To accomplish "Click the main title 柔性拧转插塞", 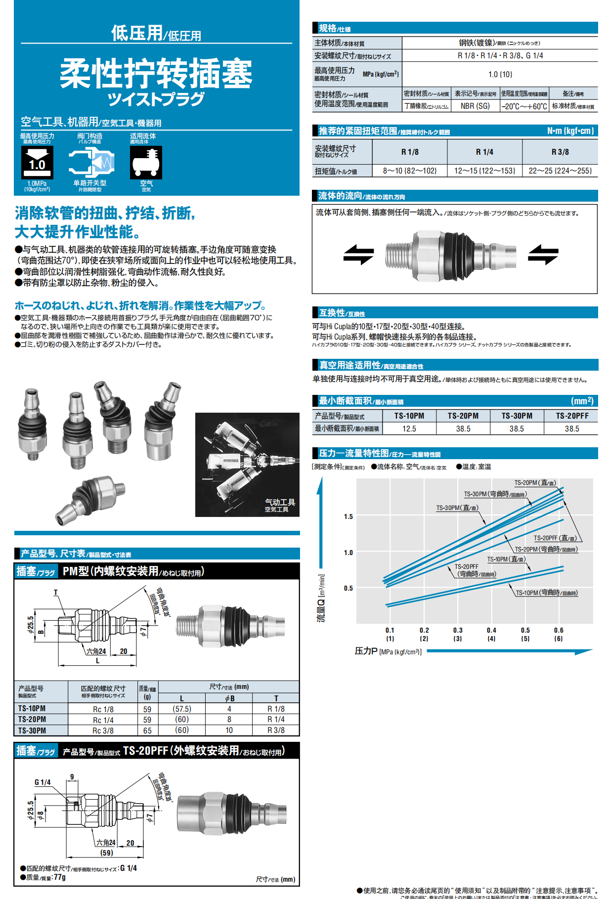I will [156, 73].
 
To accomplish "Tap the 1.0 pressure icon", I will [37, 163].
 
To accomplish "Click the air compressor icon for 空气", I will [146, 163].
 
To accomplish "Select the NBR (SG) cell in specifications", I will [475, 106].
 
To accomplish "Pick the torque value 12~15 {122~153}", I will [484, 171].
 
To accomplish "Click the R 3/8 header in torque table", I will [560, 152].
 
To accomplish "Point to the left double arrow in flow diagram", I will [359, 255].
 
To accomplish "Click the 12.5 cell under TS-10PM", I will [409, 428].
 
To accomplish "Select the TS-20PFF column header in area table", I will [572, 416].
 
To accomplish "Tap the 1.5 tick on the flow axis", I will [348, 516].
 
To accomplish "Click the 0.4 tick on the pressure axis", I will [491, 630].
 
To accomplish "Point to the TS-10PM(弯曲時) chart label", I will [546, 593].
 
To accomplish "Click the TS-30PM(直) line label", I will [457, 508].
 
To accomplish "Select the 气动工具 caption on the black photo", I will [280, 502].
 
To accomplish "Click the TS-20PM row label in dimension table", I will [32, 720].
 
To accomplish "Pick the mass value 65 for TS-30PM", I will [147, 730].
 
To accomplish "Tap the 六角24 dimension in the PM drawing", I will [96, 651].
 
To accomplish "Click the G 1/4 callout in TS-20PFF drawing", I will [43, 782].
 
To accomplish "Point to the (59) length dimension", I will [107, 853].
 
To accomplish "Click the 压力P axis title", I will [366, 651].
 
